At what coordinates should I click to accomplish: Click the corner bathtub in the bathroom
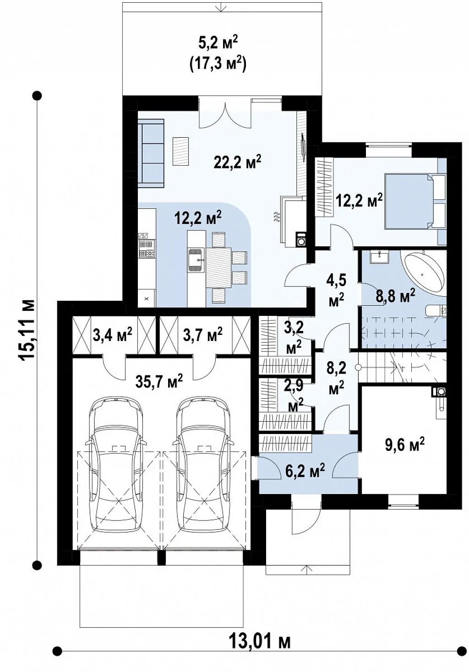[x=424, y=274]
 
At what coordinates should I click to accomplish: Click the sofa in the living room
[x=151, y=153]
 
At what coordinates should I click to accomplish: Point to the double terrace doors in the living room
[x=225, y=114]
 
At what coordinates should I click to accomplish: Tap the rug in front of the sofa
[x=180, y=152]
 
